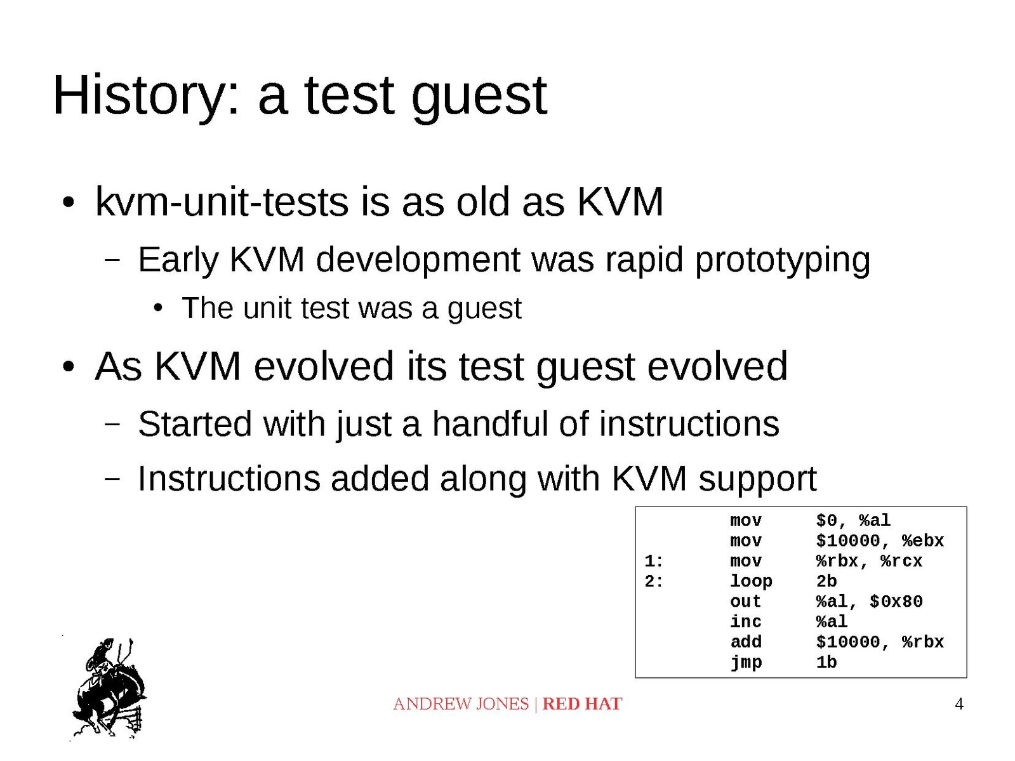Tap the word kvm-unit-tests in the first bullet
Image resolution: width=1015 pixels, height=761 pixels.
coord(222,202)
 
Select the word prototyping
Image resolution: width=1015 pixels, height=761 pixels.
coord(783,261)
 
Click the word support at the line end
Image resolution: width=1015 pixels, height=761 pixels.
coord(757,480)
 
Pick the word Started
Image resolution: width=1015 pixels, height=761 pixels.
coord(195,423)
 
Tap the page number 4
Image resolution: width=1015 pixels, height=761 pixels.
coord(959,704)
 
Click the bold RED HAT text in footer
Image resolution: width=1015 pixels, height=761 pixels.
coord(581,704)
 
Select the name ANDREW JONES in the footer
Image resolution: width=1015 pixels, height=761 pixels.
coord(461,704)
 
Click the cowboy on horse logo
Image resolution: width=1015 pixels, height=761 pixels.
coord(109,688)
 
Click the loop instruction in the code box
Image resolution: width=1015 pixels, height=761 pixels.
coord(750,581)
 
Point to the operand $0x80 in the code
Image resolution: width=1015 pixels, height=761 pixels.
coord(896,602)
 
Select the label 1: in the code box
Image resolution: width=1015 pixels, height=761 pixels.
coord(653,561)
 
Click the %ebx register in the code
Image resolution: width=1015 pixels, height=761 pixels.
coord(922,541)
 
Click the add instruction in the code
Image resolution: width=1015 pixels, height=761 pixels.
coord(745,642)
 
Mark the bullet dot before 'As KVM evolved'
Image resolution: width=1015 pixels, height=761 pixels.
coord(69,367)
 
